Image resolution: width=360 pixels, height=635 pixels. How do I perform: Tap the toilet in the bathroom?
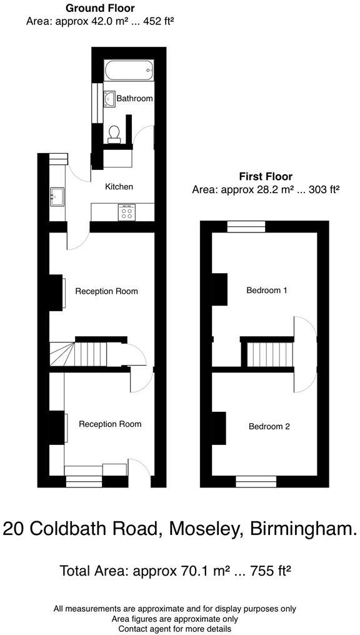(114, 134)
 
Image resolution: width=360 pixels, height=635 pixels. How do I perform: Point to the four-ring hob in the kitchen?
(127, 212)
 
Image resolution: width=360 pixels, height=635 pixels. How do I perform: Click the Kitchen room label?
(119, 186)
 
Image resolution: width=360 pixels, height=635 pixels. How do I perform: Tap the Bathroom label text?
(134, 99)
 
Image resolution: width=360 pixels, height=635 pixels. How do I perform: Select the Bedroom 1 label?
(267, 290)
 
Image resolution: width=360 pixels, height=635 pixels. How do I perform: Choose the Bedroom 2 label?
(269, 427)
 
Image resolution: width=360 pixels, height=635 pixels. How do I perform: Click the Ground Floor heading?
(99, 8)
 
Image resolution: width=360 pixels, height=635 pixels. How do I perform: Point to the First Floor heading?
(266, 177)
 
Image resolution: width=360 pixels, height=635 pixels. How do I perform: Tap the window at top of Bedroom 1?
(246, 227)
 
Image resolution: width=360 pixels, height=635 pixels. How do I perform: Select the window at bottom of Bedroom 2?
(256, 481)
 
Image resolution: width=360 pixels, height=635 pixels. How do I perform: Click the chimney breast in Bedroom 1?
(219, 290)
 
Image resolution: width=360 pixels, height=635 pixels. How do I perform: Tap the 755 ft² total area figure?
(265, 571)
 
